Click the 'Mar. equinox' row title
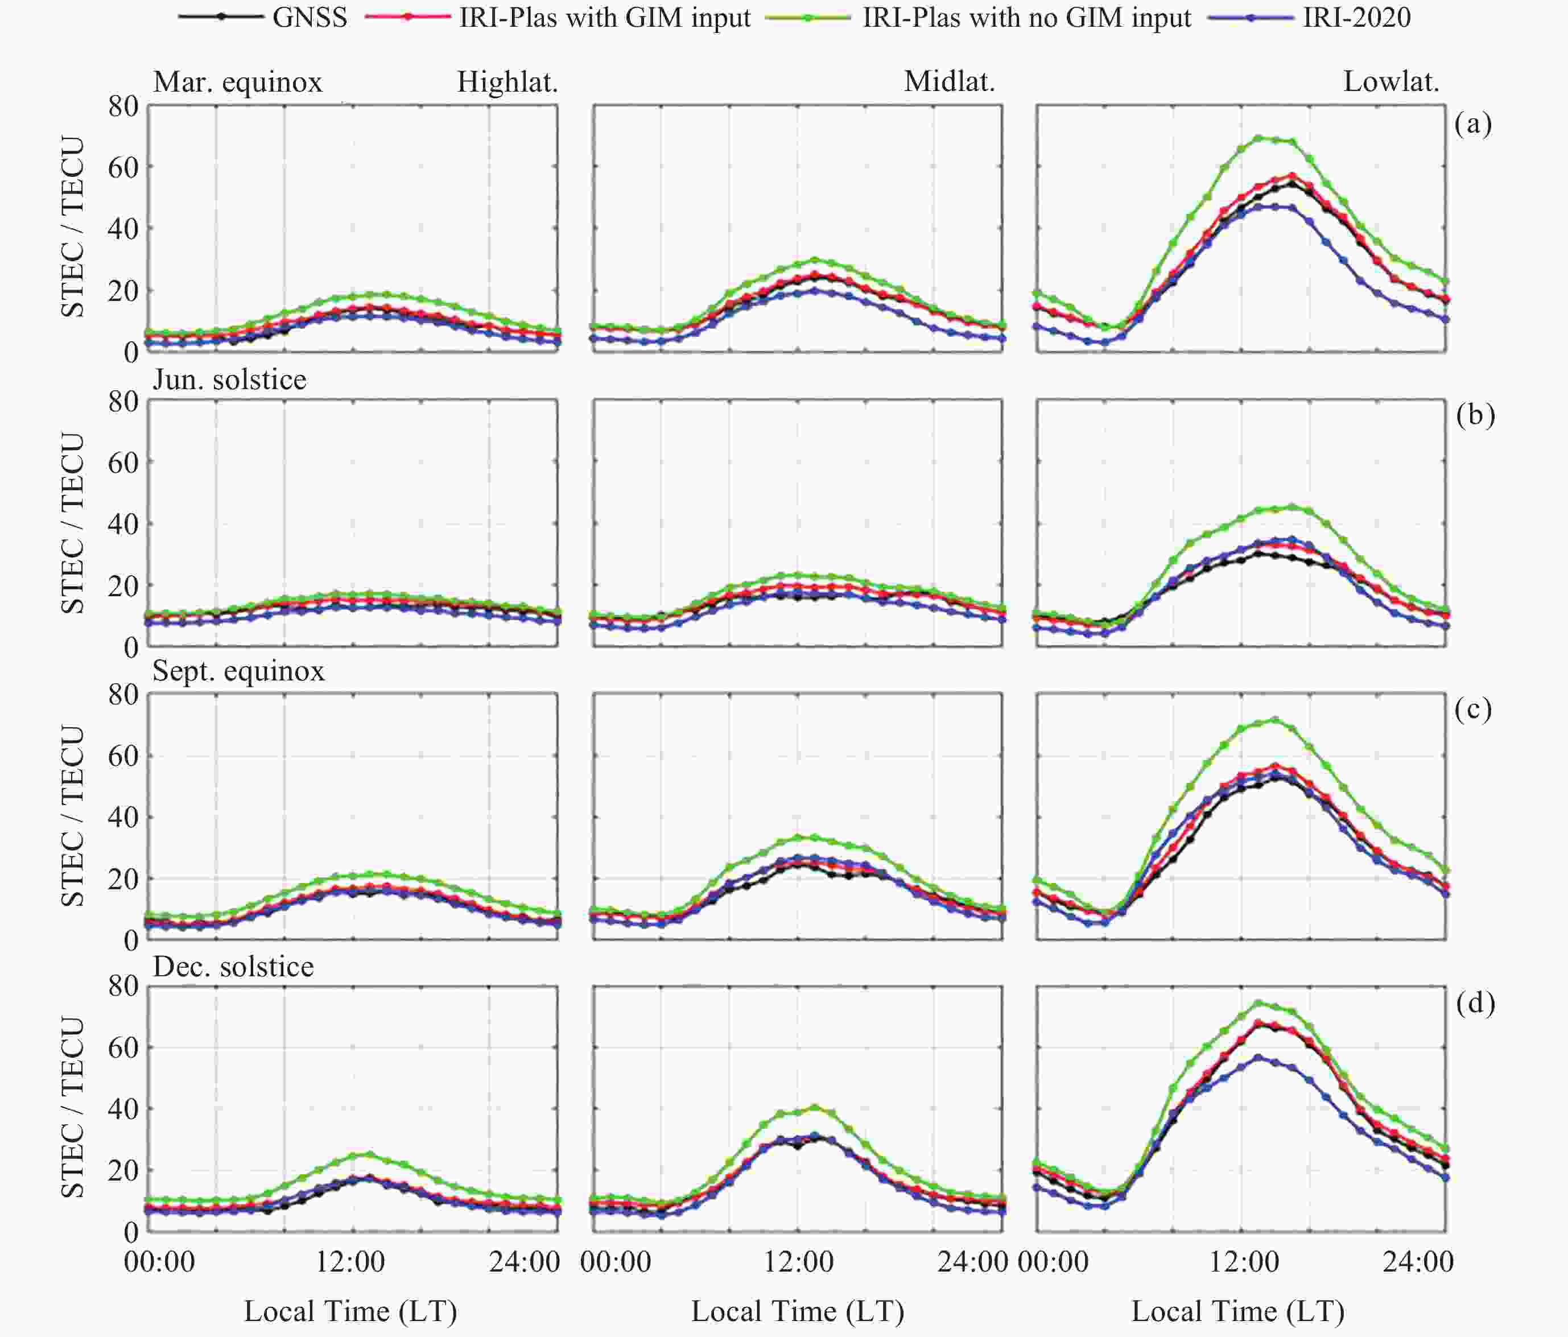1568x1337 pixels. [x=238, y=82]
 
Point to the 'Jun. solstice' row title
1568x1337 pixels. [x=229, y=379]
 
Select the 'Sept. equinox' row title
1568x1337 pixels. [x=238, y=671]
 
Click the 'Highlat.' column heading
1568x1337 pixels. [x=507, y=82]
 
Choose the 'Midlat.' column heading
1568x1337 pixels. [x=949, y=82]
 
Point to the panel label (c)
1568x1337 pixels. [x=1472, y=709]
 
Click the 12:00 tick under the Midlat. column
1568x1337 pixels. [x=798, y=1261]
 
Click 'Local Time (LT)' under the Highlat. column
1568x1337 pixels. [x=350, y=1311]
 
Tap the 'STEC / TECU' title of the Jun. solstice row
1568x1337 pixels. [x=73, y=523]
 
